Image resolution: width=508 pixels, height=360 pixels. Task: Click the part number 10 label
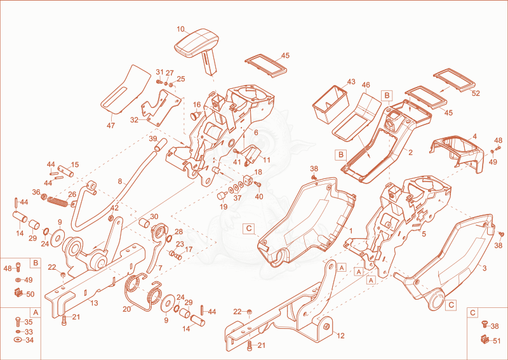tap(180, 29)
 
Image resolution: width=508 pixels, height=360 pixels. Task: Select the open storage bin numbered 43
tap(330, 103)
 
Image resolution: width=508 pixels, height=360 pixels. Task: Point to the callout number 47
tap(110, 125)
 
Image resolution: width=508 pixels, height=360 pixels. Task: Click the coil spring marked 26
tap(58, 201)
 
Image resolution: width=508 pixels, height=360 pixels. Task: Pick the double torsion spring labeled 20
tap(142, 290)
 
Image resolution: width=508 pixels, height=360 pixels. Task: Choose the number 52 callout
tap(476, 93)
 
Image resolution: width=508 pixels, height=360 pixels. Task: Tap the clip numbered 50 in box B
tap(19, 293)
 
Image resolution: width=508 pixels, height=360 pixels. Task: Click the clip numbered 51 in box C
tap(485, 339)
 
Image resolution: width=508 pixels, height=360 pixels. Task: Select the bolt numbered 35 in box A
tap(18, 322)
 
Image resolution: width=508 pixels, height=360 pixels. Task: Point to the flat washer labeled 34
tap(18, 340)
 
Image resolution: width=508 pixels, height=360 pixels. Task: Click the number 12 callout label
tap(340, 336)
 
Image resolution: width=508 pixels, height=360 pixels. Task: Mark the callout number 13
tap(94, 303)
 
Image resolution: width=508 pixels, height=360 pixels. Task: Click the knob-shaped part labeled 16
tap(196, 115)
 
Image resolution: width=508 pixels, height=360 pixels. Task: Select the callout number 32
tap(134, 120)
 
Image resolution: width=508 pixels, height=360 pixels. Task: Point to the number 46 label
tap(366, 85)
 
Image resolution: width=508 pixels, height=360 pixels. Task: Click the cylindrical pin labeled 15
tap(66, 171)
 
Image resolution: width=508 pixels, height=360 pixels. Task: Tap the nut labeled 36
tap(43, 196)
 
